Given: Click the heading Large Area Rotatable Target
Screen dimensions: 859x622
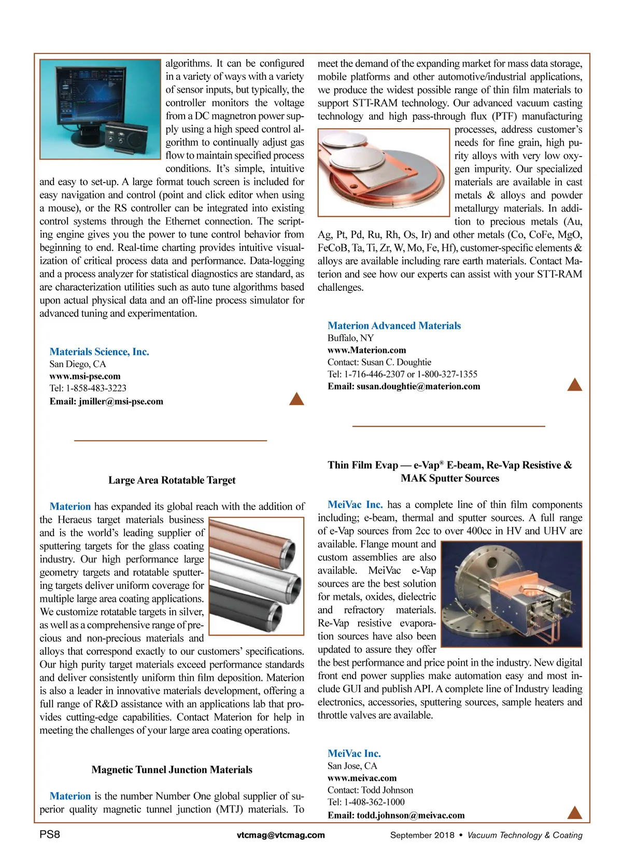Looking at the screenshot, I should [x=172, y=480].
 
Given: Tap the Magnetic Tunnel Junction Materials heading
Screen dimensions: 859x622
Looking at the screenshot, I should [x=172, y=769].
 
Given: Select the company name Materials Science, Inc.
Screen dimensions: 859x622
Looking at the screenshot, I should [x=99, y=351].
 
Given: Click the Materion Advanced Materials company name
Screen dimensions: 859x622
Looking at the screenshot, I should [x=394, y=326].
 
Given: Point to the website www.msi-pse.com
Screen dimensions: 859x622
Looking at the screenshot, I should [x=85, y=376].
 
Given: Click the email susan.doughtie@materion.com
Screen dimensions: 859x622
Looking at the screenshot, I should [x=418, y=386].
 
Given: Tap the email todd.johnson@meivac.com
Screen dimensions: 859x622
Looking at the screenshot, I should [x=411, y=815].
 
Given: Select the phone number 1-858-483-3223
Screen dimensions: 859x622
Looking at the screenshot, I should [x=96, y=388].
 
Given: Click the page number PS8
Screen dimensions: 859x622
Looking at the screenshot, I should [x=50, y=835].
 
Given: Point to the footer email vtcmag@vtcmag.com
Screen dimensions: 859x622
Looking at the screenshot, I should [x=280, y=835].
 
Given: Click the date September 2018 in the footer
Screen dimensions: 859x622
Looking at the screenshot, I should [x=422, y=835].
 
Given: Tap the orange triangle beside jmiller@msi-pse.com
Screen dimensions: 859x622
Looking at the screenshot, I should [x=296, y=399].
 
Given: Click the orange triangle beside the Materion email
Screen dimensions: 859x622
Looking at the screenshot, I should [x=574, y=385].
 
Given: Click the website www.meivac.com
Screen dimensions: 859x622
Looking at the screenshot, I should [x=362, y=778].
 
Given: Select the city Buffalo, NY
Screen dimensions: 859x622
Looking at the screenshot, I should [x=350, y=338].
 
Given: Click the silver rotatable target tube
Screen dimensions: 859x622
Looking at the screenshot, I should [x=254, y=573].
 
